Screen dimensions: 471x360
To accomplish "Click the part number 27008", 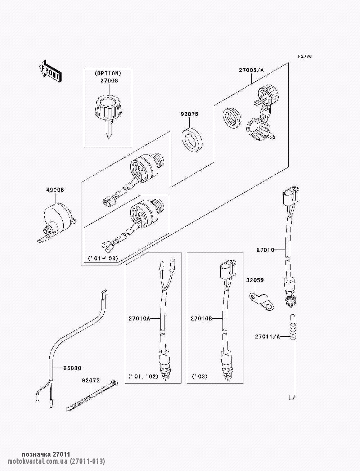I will click(108, 81).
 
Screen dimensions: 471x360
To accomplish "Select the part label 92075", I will click(189, 114).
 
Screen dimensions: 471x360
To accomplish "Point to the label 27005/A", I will click(251, 70).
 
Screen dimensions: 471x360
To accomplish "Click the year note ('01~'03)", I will click(103, 259).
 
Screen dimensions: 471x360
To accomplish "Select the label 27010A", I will click(139, 318).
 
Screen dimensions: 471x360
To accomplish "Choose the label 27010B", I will click(202, 318).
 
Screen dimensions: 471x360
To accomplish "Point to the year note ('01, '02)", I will click(143, 377).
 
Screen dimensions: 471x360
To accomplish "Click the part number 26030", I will click(72, 368).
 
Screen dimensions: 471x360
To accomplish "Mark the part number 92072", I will click(91, 380).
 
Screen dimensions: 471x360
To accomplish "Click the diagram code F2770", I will click(305, 56).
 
